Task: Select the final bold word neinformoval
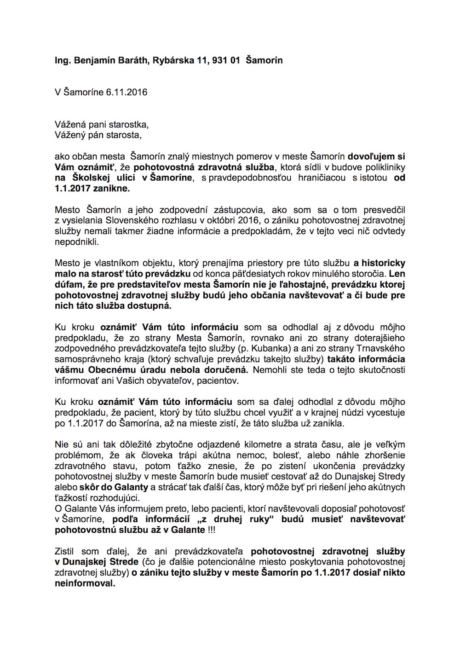tap(84, 583)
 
